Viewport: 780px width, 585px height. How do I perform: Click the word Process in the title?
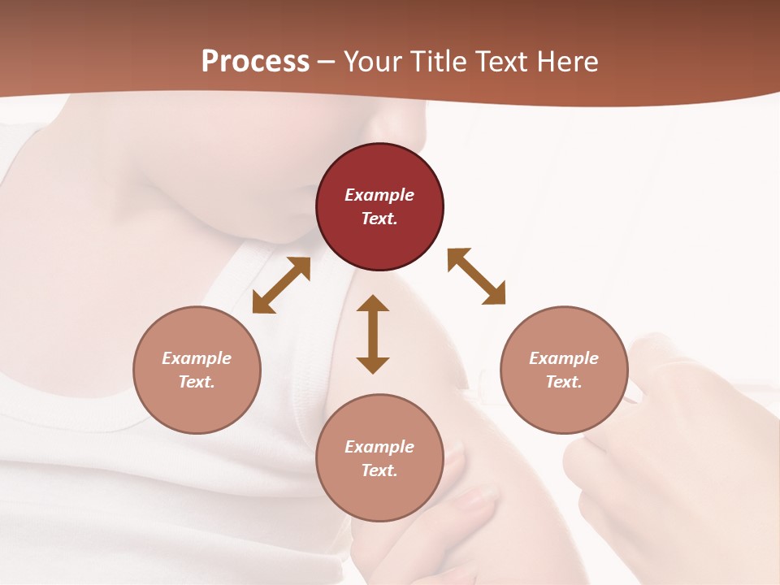pyautogui.click(x=255, y=62)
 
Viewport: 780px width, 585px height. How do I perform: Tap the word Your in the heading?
pyautogui.click(x=374, y=62)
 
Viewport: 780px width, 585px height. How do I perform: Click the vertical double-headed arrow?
pyautogui.click(x=373, y=334)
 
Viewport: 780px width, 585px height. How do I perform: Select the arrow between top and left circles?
pyautogui.click(x=281, y=285)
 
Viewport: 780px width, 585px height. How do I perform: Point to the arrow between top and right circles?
pyautogui.click(x=476, y=276)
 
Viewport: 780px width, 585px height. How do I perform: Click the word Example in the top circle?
pyautogui.click(x=379, y=195)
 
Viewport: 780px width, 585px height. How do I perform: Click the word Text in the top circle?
pyautogui.click(x=379, y=219)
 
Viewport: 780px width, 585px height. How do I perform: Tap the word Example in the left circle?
pyautogui.click(x=197, y=358)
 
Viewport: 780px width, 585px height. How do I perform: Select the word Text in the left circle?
pyautogui.click(x=197, y=382)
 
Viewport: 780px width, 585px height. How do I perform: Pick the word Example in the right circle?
pyautogui.click(x=564, y=358)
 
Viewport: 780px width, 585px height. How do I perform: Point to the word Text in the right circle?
pyautogui.click(x=564, y=382)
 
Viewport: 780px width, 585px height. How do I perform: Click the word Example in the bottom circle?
pyautogui.click(x=379, y=447)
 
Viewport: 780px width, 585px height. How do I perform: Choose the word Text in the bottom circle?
pyautogui.click(x=379, y=470)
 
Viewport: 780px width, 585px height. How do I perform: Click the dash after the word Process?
pyautogui.click(x=327, y=63)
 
